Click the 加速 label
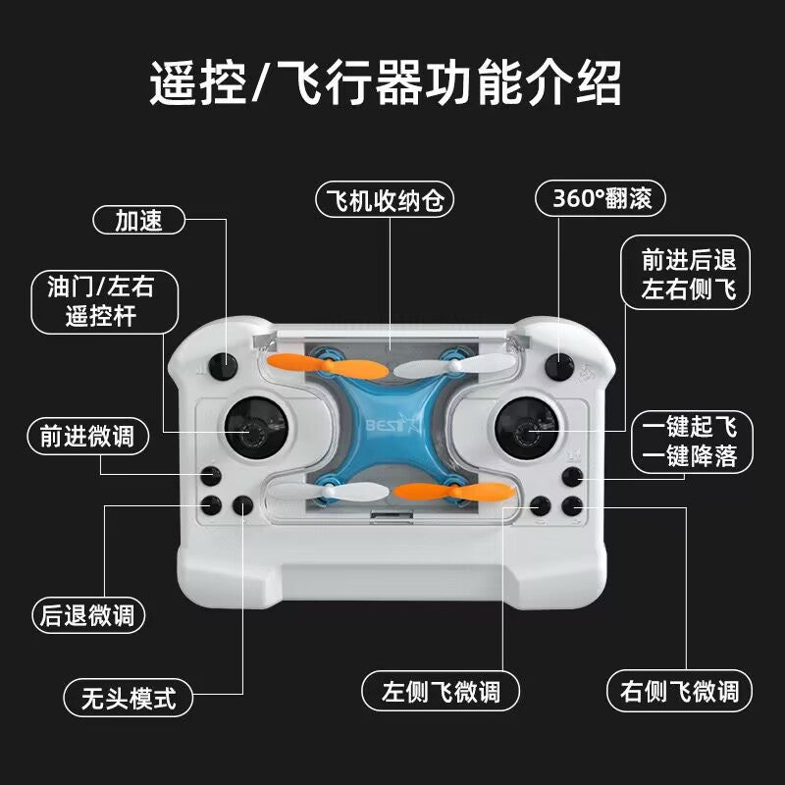click(x=138, y=221)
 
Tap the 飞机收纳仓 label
click(x=389, y=200)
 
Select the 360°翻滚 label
click(x=600, y=199)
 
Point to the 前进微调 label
click(x=88, y=437)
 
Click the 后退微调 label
click(x=88, y=615)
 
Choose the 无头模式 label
click(x=127, y=698)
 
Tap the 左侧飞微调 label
click(x=441, y=691)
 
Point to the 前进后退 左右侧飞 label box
click(x=688, y=276)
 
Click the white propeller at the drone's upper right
click(x=472, y=367)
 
